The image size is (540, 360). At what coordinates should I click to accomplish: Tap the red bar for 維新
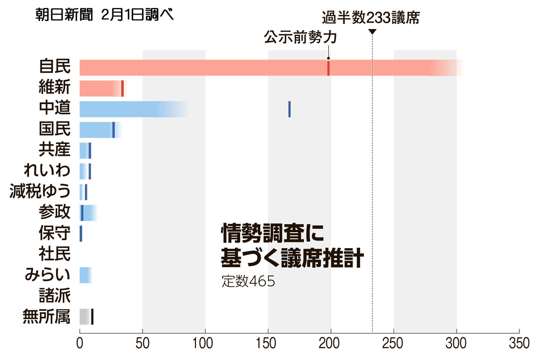tap(100, 88)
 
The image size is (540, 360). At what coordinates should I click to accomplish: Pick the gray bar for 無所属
tap(85, 316)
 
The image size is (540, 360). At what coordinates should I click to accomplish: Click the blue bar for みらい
tap(85, 275)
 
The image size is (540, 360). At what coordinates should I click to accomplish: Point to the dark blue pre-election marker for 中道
tap(289, 109)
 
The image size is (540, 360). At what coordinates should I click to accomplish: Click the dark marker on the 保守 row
tap(81, 233)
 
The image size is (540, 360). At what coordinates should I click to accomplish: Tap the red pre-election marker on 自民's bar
tap(328, 68)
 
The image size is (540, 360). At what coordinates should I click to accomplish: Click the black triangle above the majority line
tap(373, 32)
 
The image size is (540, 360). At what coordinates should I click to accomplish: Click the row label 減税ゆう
tap(40, 192)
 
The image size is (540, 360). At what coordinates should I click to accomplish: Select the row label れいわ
tap(47, 171)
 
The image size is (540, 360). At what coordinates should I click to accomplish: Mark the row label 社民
tap(55, 254)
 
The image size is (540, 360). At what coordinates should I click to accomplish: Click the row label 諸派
tap(55, 295)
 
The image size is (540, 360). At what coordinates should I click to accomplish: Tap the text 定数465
tap(248, 282)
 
